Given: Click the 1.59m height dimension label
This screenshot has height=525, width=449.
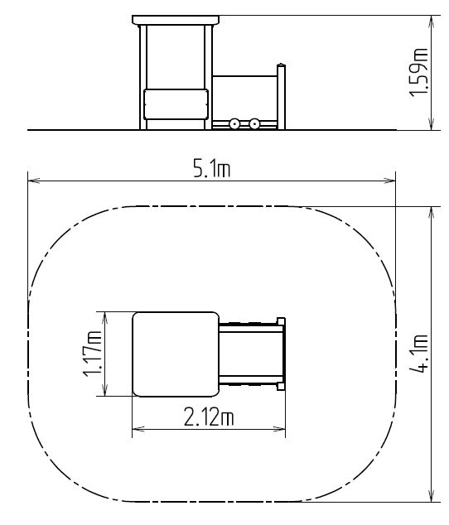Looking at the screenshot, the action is (x=418, y=73).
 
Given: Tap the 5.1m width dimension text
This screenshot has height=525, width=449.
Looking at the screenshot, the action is (x=212, y=168).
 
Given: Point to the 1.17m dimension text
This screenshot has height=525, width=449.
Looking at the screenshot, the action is (x=92, y=354).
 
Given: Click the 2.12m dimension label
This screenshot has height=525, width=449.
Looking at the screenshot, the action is (x=209, y=417).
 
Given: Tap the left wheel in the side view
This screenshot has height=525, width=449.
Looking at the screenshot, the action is (x=234, y=124).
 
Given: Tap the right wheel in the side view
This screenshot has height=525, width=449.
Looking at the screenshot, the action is (x=254, y=124).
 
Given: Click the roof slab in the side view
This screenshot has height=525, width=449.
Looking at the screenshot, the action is (x=176, y=20).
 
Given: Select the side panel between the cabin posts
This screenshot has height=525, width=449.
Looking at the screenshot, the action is (x=176, y=104).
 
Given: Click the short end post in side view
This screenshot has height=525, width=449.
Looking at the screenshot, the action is (x=281, y=97).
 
